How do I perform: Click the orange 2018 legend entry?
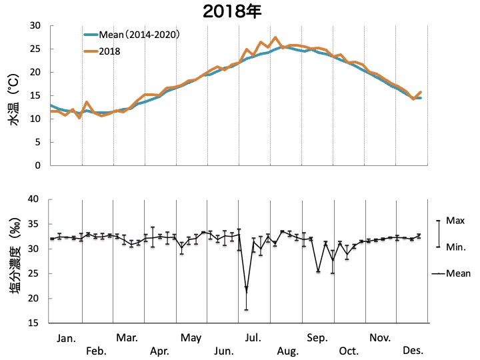(110, 51)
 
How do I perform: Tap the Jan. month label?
(65, 339)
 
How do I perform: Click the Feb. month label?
(97, 351)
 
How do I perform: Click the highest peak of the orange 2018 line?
(275, 37)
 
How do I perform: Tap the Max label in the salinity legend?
(455, 220)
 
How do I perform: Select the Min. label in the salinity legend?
(456, 247)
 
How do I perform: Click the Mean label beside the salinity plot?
(458, 273)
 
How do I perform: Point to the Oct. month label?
(349, 351)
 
